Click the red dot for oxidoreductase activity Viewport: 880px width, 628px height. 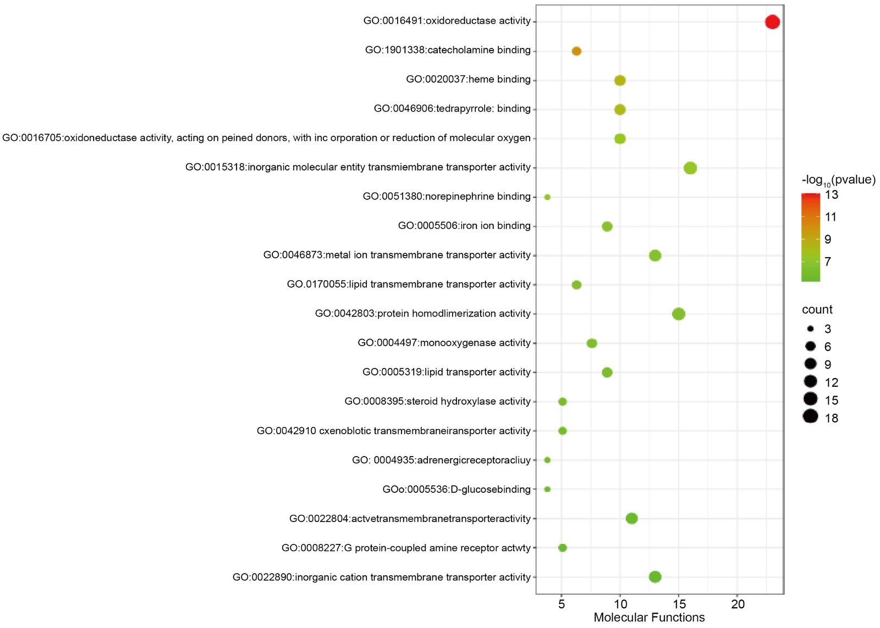pos(772,22)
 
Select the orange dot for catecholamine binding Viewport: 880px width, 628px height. pos(576,51)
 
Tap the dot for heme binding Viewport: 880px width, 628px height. pos(620,80)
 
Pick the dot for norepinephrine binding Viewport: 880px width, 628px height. pos(547,197)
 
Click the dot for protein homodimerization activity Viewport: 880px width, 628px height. pos(679,314)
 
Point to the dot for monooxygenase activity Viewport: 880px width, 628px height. pos(592,343)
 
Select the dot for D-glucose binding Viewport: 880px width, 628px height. pos(547,489)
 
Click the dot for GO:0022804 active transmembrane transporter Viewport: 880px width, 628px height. pos(632,518)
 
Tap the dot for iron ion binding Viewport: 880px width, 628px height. pos(607,226)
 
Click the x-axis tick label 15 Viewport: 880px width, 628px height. pos(679,604)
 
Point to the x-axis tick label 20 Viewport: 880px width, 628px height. pos(738,604)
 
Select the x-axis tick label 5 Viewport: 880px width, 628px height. pos(562,604)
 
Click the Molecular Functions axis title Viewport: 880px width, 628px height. pos(649,618)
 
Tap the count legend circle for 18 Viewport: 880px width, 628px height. pos(810,416)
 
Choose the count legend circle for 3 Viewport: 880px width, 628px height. pos(811,329)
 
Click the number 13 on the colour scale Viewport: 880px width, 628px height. pos(832,194)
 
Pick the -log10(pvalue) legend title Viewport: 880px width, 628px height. pos(838,180)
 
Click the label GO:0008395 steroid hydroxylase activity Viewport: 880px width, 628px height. pos(437,401)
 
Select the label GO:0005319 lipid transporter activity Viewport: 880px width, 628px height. pos(446,372)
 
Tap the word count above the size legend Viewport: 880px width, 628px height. pos(817,309)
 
